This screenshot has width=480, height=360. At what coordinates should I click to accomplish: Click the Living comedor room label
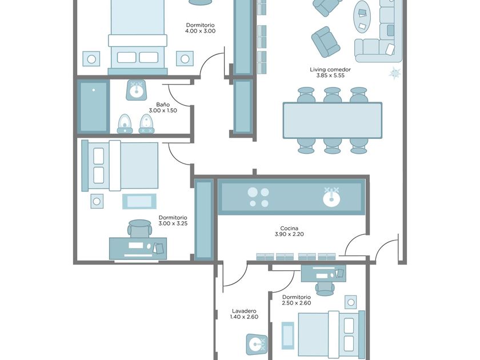(x=330, y=70)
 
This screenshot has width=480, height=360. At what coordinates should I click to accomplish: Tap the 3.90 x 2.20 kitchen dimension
(x=289, y=234)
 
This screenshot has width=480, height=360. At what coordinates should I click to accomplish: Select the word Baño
(x=163, y=105)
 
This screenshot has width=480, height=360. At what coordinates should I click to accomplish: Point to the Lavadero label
(x=244, y=311)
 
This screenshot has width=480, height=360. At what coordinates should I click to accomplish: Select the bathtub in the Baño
(x=93, y=107)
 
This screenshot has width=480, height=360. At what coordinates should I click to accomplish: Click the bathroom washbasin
(x=135, y=90)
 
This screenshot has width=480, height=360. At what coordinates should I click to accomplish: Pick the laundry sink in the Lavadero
(x=256, y=345)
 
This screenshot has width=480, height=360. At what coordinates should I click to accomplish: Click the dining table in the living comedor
(x=333, y=121)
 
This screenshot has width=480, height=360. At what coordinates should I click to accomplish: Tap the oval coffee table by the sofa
(x=362, y=17)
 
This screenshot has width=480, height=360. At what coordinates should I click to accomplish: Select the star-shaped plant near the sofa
(x=395, y=73)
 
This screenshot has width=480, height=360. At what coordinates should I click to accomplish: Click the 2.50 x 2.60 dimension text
(x=297, y=303)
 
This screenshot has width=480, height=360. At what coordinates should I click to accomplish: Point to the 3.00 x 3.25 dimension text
(x=173, y=223)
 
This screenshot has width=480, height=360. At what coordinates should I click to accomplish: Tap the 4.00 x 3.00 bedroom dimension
(x=200, y=31)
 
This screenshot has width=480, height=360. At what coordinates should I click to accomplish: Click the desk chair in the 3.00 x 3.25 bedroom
(x=139, y=229)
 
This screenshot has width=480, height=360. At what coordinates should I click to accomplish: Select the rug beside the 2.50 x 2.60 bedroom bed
(x=287, y=335)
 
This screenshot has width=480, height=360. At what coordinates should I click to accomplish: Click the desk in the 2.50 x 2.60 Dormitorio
(x=323, y=273)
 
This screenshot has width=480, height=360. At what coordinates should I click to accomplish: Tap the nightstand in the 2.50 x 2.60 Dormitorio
(x=351, y=302)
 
